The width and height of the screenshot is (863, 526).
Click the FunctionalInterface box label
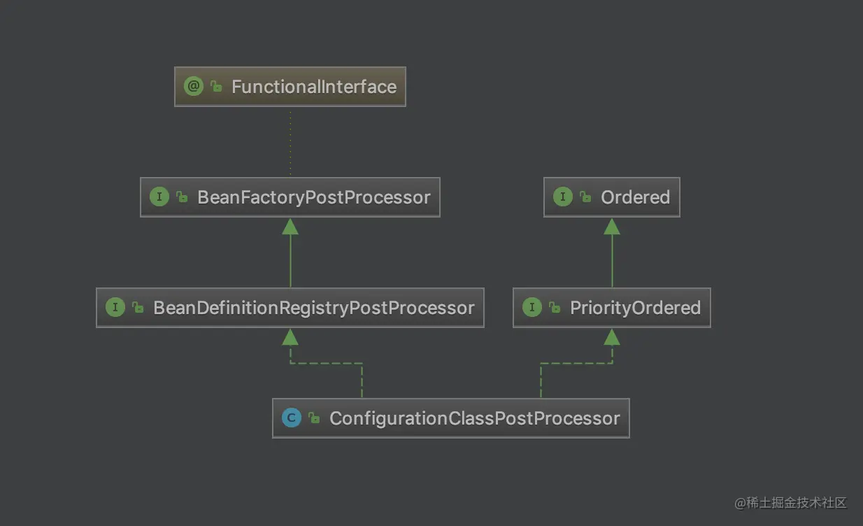click(x=314, y=87)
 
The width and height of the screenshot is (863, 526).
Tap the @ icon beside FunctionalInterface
click(x=194, y=86)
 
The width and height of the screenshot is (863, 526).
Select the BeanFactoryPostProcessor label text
click(x=313, y=198)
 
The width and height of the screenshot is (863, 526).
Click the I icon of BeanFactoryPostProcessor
click(x=159, y=197)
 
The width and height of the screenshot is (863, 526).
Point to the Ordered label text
click(x=635, y=197)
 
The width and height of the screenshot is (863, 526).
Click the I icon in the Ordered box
click(x=562, y=197)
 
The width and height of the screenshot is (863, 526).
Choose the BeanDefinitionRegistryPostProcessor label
click(x=313, y=308)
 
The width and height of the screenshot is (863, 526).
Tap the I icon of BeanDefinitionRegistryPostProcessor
click(x=115, y=307)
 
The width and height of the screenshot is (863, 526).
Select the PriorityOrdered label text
click(x=635, y=308)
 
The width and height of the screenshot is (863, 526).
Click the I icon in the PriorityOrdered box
click(x=532, y=307)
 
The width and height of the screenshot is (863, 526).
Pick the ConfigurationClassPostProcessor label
click(x=475, y=419)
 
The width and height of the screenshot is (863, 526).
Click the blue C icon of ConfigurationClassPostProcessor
click(x=291, y=418)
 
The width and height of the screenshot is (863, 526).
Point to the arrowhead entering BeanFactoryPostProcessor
click(x=290, y=227)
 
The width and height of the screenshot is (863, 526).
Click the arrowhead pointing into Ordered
click(x=612, y=227)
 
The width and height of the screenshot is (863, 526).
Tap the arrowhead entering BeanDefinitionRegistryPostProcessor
click(x=290, y=337)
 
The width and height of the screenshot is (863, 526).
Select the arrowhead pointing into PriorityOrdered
click(x=612, y=337)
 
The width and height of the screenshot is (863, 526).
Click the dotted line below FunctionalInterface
click(x=290, y=143)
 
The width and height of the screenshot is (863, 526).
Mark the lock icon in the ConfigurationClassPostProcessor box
click(x=314, y=418)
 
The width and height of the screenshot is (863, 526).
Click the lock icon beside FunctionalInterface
click(x=216, y=86)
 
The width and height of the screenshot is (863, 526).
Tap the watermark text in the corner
click(x=790, y=503)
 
